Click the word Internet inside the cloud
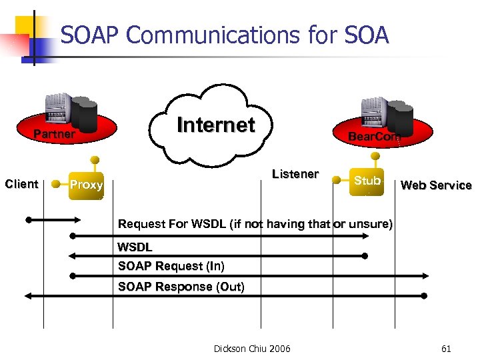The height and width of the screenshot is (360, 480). point(215,125)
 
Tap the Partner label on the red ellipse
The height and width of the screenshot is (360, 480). point(55,135)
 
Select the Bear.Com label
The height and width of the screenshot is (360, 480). point(373,136)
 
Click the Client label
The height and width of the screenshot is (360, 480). point(21,184)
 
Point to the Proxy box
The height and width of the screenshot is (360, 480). point(87,185)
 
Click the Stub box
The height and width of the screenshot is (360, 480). point(367,181)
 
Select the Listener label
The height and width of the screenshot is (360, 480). point(295,174)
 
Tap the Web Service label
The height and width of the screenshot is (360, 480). point(436,185)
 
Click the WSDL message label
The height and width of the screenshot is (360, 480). point(135,247)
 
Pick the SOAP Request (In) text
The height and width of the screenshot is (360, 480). point(171,267)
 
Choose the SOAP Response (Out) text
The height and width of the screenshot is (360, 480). point(181,287)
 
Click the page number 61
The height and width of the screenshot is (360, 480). point(446,348)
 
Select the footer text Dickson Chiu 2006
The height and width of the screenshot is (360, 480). point(252,348)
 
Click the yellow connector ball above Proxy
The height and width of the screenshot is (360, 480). point(96,160)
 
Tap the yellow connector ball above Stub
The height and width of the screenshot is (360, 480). point(376,156)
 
